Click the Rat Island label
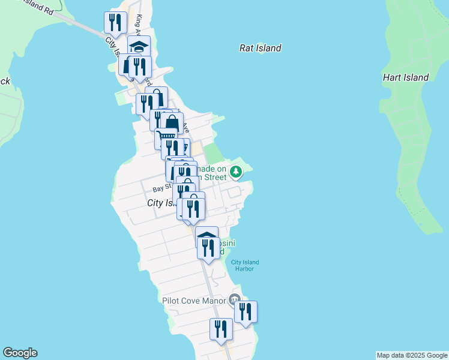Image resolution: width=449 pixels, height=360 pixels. tap(260, 48)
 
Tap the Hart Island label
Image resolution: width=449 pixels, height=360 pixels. tap(406, 77)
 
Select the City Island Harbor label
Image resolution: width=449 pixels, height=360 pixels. tap(243, 265)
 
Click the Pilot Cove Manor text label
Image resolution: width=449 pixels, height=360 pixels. tap(193, 300)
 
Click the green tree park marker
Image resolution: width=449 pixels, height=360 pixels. tap(237, 173)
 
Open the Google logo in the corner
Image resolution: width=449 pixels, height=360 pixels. tap(20, 353)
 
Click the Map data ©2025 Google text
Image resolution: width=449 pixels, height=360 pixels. tap(412, 355)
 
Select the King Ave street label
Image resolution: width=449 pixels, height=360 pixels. tap(140, 25)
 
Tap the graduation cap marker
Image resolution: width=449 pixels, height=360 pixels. tap(139, 46)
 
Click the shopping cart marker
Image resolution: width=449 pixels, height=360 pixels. tap(165, 138)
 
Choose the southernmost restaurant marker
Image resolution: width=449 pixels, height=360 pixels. tap(221, 329)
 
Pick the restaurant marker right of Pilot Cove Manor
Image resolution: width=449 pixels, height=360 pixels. tap(246, 311)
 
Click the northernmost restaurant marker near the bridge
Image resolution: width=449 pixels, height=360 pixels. tap(115, 23)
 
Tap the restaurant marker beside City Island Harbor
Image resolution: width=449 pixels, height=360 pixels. tap(208, 247)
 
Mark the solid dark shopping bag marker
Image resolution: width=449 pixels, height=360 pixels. tap(172, 122)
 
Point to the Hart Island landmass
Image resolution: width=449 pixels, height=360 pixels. tap(414, 150)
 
